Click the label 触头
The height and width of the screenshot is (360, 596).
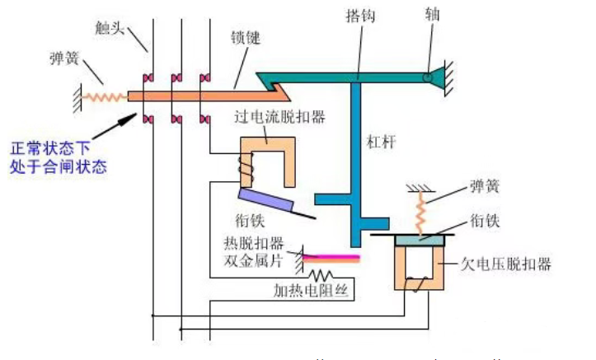(110, 28)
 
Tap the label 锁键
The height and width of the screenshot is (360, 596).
(246, 37)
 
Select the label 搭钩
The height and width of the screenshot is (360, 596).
(360, 16)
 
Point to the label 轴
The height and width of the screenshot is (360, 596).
(433, 14)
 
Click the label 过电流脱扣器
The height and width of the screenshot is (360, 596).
(279, 117)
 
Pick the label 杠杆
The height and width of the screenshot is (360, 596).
(381, 142)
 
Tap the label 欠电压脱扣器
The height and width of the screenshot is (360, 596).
(506, 264)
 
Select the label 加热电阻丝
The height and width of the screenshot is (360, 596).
(311, 291)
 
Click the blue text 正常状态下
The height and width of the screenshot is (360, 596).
(50, 148)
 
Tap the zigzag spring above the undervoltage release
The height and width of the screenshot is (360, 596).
(420, 213)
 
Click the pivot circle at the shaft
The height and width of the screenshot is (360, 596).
(428, 77)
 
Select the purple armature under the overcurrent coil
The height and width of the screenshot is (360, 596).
(266, 199)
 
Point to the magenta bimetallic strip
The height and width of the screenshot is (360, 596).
(331, 259)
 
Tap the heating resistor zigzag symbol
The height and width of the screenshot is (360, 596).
(321, 275)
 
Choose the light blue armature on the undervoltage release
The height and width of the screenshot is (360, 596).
(420, 241)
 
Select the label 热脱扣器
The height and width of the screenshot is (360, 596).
(254, 243)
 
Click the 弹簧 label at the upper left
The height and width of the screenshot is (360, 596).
(64, 58)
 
